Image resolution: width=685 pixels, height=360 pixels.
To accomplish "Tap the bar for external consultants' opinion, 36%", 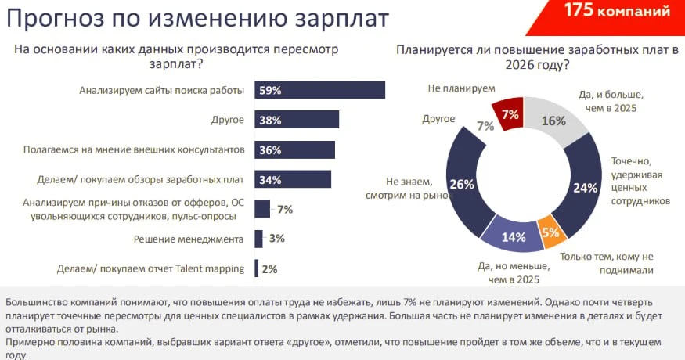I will pos(294,149).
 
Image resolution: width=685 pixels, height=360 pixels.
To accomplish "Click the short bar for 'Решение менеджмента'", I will pos(259,239).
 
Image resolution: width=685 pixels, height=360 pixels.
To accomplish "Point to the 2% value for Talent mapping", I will pos(269,269).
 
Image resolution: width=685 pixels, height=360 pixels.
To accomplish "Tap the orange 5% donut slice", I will pos(550,232).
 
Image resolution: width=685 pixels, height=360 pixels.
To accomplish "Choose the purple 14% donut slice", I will pos(512,237).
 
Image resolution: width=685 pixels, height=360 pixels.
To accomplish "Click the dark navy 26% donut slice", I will pos(463,185).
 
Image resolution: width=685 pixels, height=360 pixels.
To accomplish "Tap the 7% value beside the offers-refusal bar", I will pos(284,209).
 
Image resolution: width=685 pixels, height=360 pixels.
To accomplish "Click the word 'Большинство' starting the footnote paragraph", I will pos(36,301).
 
